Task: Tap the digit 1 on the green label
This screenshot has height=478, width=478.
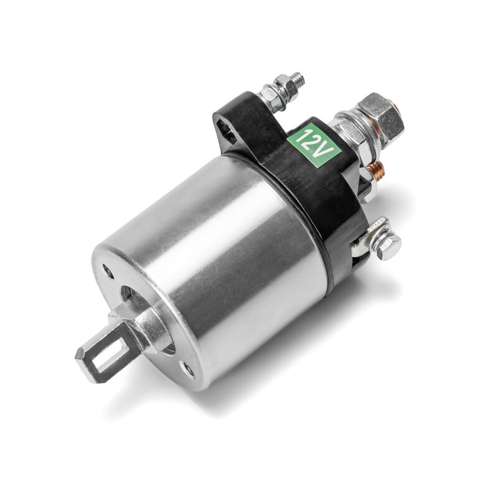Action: pos(306,135)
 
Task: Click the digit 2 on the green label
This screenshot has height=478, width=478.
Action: pos(313,143)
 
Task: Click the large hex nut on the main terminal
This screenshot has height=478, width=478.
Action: pos(383,116)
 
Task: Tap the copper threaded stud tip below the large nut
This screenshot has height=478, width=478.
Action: pos(375,170)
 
